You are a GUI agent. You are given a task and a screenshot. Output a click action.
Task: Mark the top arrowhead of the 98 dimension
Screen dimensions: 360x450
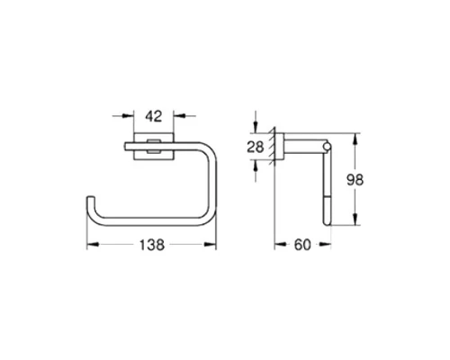pyautogui.click(x=358, y=139)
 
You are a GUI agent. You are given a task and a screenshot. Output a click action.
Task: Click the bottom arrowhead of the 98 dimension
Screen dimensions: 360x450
pyautogui.click(x=358, y=221)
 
